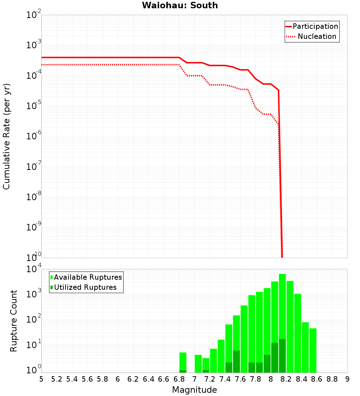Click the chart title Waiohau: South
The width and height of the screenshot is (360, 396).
click(x=180, y=5)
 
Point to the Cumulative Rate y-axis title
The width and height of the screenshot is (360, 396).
click(x=6, y=136)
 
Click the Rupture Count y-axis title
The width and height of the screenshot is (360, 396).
click(x=14, y=320)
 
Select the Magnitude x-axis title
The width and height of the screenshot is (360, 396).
click(x=194, y=390)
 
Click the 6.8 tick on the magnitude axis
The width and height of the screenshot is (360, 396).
click(x=179, y=379)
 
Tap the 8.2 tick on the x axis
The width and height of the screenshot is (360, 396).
click(x=286, y=379)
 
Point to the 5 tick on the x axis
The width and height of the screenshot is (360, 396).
click(x=41, y=379)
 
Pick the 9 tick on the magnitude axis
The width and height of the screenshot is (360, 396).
click(x=347, y=379)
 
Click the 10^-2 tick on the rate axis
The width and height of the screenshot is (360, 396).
click(x=34, y=15)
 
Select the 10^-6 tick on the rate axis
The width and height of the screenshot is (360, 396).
click(x=34, y=136)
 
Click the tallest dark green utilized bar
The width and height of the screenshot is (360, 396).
click(x=282, y=356)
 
